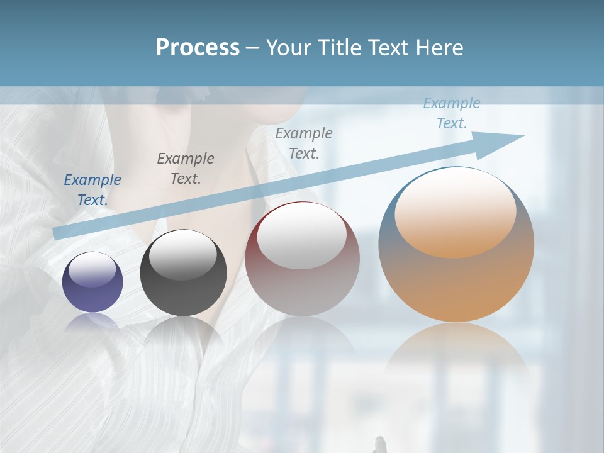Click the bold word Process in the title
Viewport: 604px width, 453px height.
(x=198, y=48)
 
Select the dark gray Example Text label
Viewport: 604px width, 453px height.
(x=186, y=169)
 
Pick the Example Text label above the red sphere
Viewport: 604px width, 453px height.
(x=304, y=143)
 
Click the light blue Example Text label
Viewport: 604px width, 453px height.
(x=452, y=113)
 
